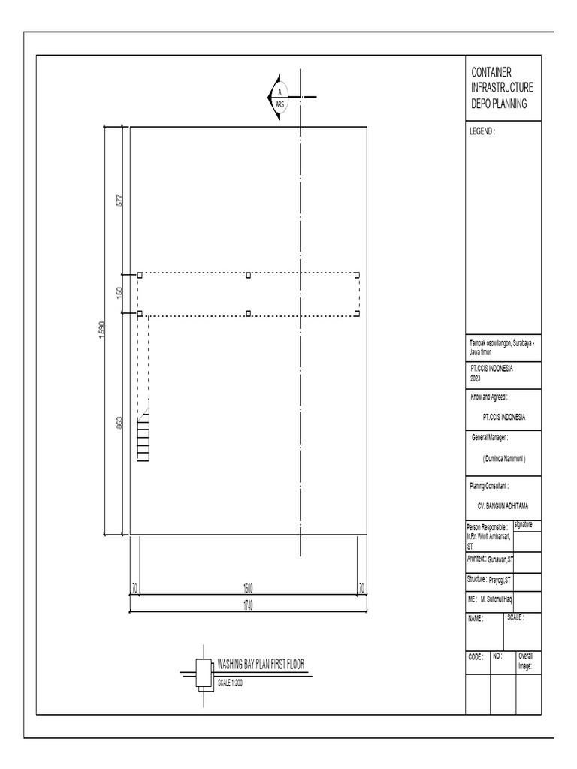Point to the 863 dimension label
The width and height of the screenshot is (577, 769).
click(x=119, y=424)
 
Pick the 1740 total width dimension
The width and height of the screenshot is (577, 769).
click(x=248, y=607)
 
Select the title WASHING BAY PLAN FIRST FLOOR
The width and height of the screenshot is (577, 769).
click(x=261, y=665)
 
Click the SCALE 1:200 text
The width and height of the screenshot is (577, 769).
click(x=230, y=683)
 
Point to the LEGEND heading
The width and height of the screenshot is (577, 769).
click(x=482, y=131)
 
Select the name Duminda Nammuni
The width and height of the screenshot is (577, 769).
click(x=504, y=458)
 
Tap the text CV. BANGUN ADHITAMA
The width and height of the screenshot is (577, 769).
click(x=504, y=506)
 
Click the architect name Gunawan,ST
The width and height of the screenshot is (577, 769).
click(x=500, y=559)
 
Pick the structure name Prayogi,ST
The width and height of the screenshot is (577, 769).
click(x=500, y=580)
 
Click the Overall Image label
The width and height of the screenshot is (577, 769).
click(x=525, y=661)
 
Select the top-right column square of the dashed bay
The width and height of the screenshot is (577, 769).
click(x=358, y=275)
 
